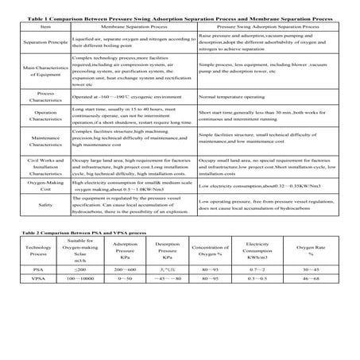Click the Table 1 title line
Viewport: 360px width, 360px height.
[180, 17]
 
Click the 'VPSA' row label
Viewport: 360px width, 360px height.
[33, 279]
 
